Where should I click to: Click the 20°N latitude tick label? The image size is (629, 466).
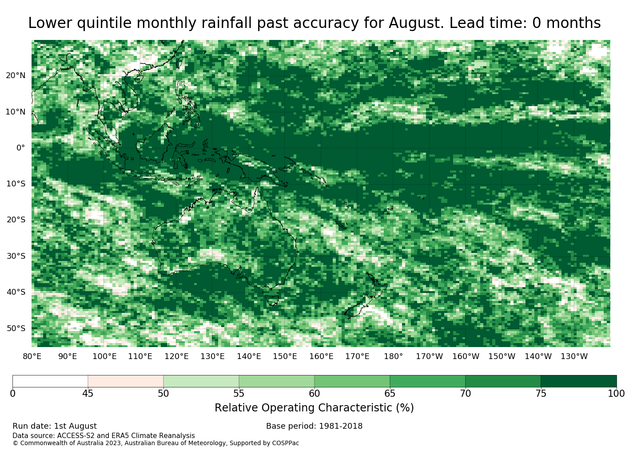(16, 76)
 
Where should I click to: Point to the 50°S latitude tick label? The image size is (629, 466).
(16, 328)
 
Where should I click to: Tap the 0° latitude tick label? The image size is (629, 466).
(21, 148)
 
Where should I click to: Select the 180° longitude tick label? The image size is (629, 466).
(393, 356)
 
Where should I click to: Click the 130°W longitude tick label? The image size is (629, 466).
(574, 356)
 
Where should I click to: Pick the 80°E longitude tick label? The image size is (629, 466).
(32, 356)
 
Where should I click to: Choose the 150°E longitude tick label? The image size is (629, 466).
(285, 356)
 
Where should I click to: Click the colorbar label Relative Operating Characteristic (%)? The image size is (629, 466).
(314, 407)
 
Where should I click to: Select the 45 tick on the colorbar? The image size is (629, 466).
(88, 393)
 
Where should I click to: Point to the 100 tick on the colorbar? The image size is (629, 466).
(616, 393)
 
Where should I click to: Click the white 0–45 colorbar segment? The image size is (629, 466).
(50, 381)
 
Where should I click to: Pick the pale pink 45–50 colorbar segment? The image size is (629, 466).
(126, 381)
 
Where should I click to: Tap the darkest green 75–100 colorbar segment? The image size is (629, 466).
(578, 381)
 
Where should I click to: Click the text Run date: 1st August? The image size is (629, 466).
(55, 426)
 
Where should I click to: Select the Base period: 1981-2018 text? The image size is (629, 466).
(314, 426)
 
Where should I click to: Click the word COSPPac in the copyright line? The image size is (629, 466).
(285, 443)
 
